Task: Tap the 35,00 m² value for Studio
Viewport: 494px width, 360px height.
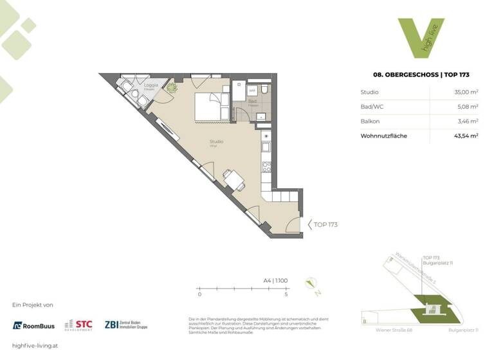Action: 465,92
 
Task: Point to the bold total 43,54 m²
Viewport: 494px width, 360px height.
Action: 464,136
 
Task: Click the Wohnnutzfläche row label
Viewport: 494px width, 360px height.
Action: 384,136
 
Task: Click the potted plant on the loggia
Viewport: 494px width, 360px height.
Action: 172,89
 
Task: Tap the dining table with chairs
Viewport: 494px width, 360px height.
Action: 233,179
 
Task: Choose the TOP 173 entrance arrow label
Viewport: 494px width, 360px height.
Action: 323,224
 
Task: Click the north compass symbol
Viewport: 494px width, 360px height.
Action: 311,283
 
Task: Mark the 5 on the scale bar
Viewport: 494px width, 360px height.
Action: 286,294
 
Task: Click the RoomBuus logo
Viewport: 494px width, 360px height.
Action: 34,325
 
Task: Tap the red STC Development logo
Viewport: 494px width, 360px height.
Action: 78,325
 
